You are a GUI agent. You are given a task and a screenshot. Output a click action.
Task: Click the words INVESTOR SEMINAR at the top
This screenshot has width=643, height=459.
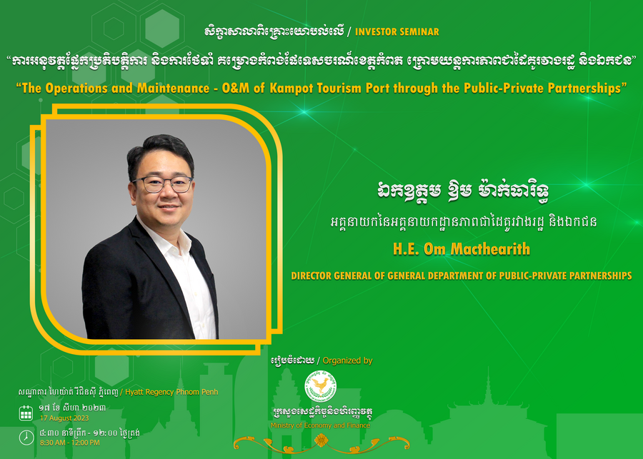397,32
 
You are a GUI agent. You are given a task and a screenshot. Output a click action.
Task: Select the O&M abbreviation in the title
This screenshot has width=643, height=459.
236,88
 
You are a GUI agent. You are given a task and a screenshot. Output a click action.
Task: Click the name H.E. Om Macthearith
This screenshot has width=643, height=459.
462,248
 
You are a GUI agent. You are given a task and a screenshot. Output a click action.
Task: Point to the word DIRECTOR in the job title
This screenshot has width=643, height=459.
311,276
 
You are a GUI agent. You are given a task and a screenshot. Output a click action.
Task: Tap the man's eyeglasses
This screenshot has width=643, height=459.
163,183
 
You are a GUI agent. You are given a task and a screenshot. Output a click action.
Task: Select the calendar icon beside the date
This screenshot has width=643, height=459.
26,413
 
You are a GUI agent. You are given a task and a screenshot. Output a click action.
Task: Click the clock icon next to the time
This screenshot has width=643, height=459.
26,438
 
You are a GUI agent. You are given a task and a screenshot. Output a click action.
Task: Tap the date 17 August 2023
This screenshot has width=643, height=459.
64,418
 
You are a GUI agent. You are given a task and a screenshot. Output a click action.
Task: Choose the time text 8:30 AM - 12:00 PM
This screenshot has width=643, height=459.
70,443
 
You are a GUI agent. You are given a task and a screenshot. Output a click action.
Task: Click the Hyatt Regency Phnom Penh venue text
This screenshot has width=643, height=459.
171,392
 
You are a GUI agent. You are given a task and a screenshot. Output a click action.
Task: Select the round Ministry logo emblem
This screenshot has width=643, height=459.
321,386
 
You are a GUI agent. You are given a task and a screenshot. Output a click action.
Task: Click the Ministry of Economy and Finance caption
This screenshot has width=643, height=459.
320,425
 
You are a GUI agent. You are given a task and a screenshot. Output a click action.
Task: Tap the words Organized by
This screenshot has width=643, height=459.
347,360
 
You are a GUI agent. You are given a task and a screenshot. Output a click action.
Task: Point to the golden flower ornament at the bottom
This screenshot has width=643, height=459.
321,441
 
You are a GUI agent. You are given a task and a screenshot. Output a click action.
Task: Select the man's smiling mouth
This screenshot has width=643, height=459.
169,207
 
